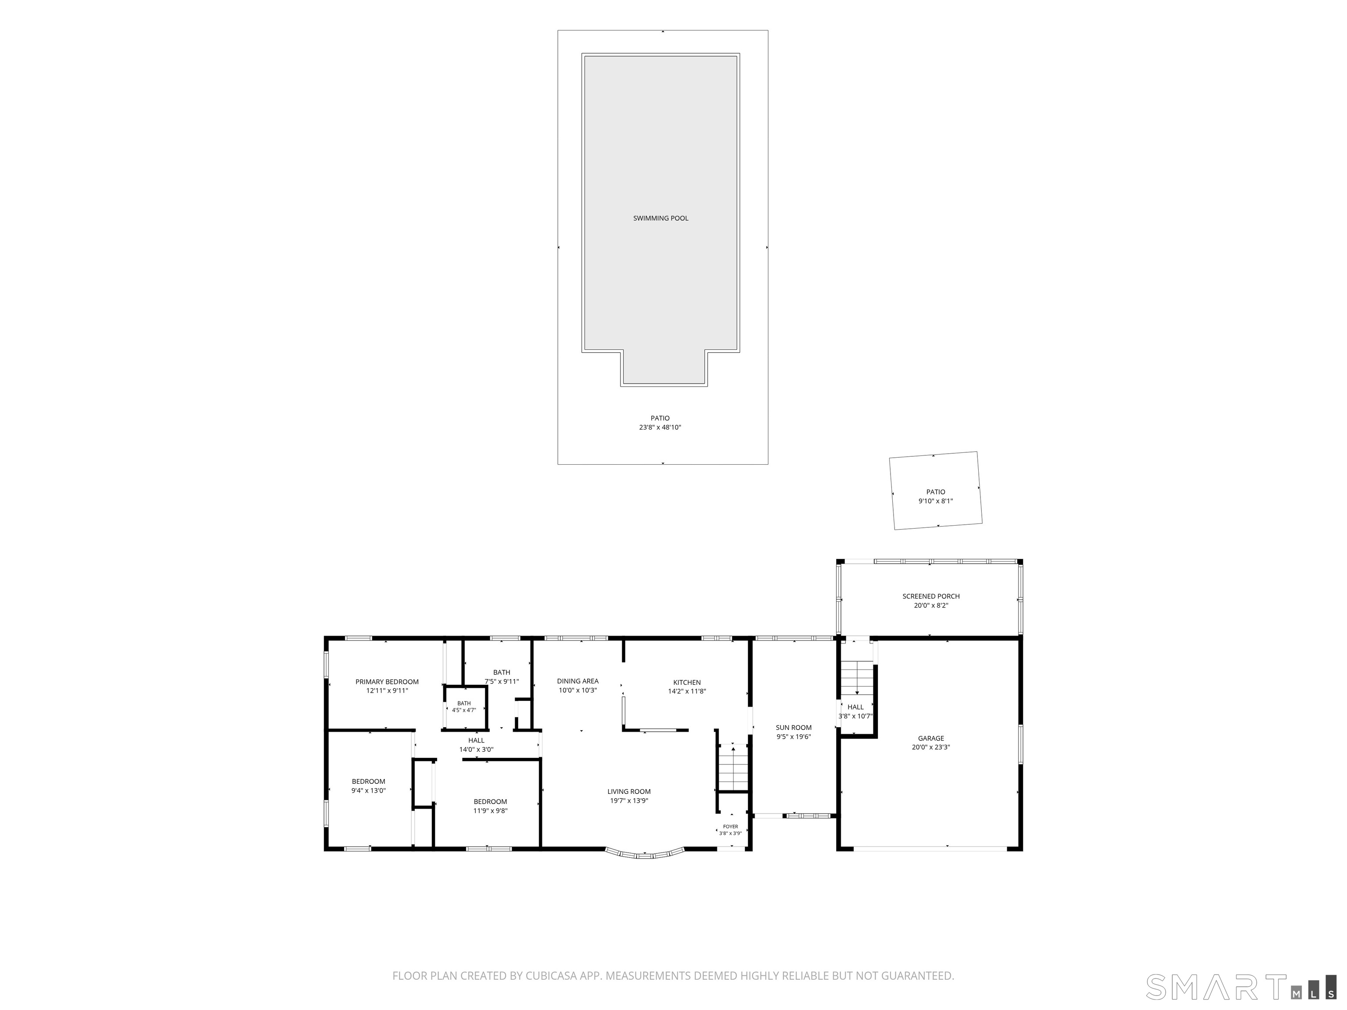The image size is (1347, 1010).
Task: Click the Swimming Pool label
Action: pos(661,218)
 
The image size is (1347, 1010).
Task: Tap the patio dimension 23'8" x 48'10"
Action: pos(660,427)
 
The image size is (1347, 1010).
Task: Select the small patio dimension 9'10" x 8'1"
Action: pos(935,501)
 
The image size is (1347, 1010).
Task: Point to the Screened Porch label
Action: pos(931,596)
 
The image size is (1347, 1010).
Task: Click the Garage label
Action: pos(931,738)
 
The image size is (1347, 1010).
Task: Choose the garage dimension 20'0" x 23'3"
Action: pos(931,747)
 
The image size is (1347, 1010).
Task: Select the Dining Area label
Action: pos(578,681)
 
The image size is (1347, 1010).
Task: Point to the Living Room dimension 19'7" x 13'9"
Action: pos(629,800)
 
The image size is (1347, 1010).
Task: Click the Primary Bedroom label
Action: pos(387,681)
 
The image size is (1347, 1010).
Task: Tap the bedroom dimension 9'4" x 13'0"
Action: pos(368,790)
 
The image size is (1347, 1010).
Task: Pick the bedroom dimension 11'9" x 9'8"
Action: pos(490,810)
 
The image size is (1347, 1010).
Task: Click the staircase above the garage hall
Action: pos(857,676)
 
